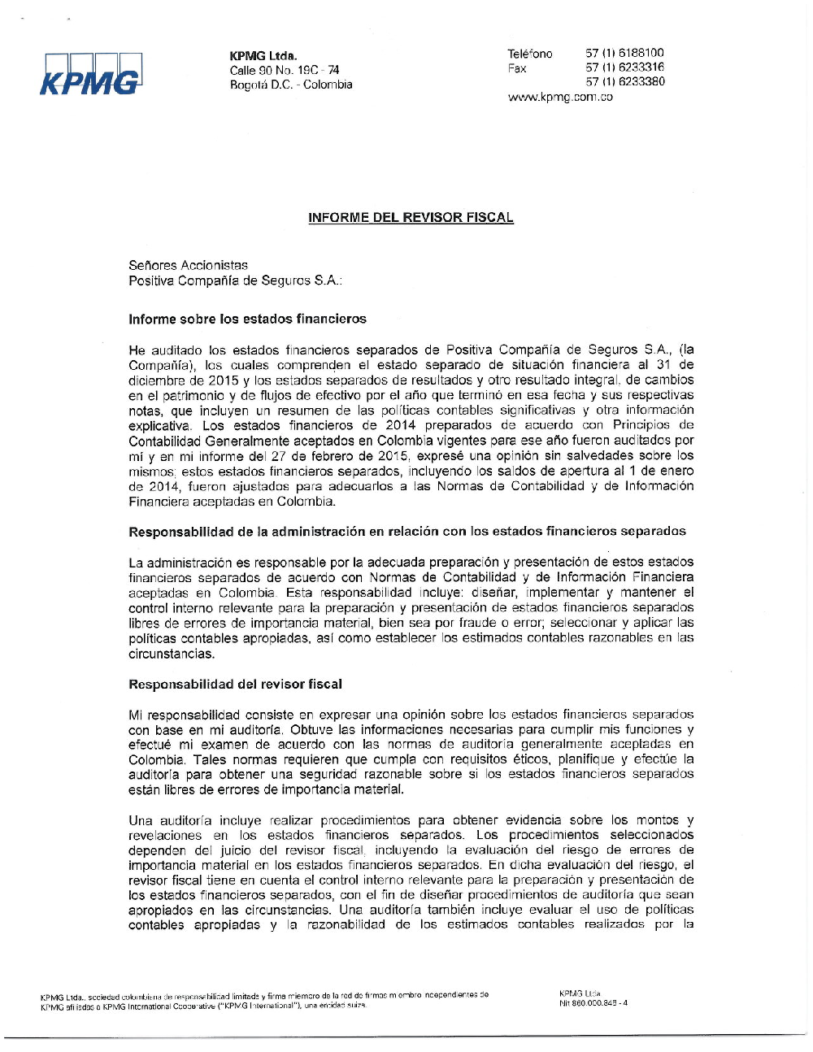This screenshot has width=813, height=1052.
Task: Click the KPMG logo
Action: (x=91, y=75)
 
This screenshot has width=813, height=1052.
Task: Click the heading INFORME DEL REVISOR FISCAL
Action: (x=411, y=218)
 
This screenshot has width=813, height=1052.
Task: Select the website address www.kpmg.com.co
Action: (x=560, y=97)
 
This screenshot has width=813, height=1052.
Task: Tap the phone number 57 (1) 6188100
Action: (x=624, y=53)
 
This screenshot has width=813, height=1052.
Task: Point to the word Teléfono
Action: (x=530, y=54)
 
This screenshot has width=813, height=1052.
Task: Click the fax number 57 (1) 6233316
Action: (x=624, y=67)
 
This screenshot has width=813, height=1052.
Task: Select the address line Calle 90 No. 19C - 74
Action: (x=285, y=70)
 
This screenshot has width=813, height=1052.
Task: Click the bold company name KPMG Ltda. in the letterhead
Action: (x=263, y=55)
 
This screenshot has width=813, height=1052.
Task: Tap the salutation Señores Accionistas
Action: (x=188, y=265)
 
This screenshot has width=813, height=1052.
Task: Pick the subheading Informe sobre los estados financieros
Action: (x=247, y=319)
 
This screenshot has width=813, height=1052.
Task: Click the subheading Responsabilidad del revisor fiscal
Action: (x=235, y=684)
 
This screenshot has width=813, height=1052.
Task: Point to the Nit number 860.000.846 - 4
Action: (x=593, y=1003)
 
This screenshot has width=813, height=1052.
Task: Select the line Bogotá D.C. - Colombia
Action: (x=291, y=85)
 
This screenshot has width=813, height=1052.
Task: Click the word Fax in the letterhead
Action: (x=517, y=68)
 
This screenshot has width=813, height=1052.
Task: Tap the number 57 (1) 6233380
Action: (x=624, y=82)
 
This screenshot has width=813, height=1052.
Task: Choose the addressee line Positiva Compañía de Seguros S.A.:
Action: (x=235, y=280)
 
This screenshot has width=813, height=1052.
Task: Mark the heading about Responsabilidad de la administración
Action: (x=406, y=532)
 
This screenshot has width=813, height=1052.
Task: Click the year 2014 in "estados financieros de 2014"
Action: (x=400, y=425)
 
